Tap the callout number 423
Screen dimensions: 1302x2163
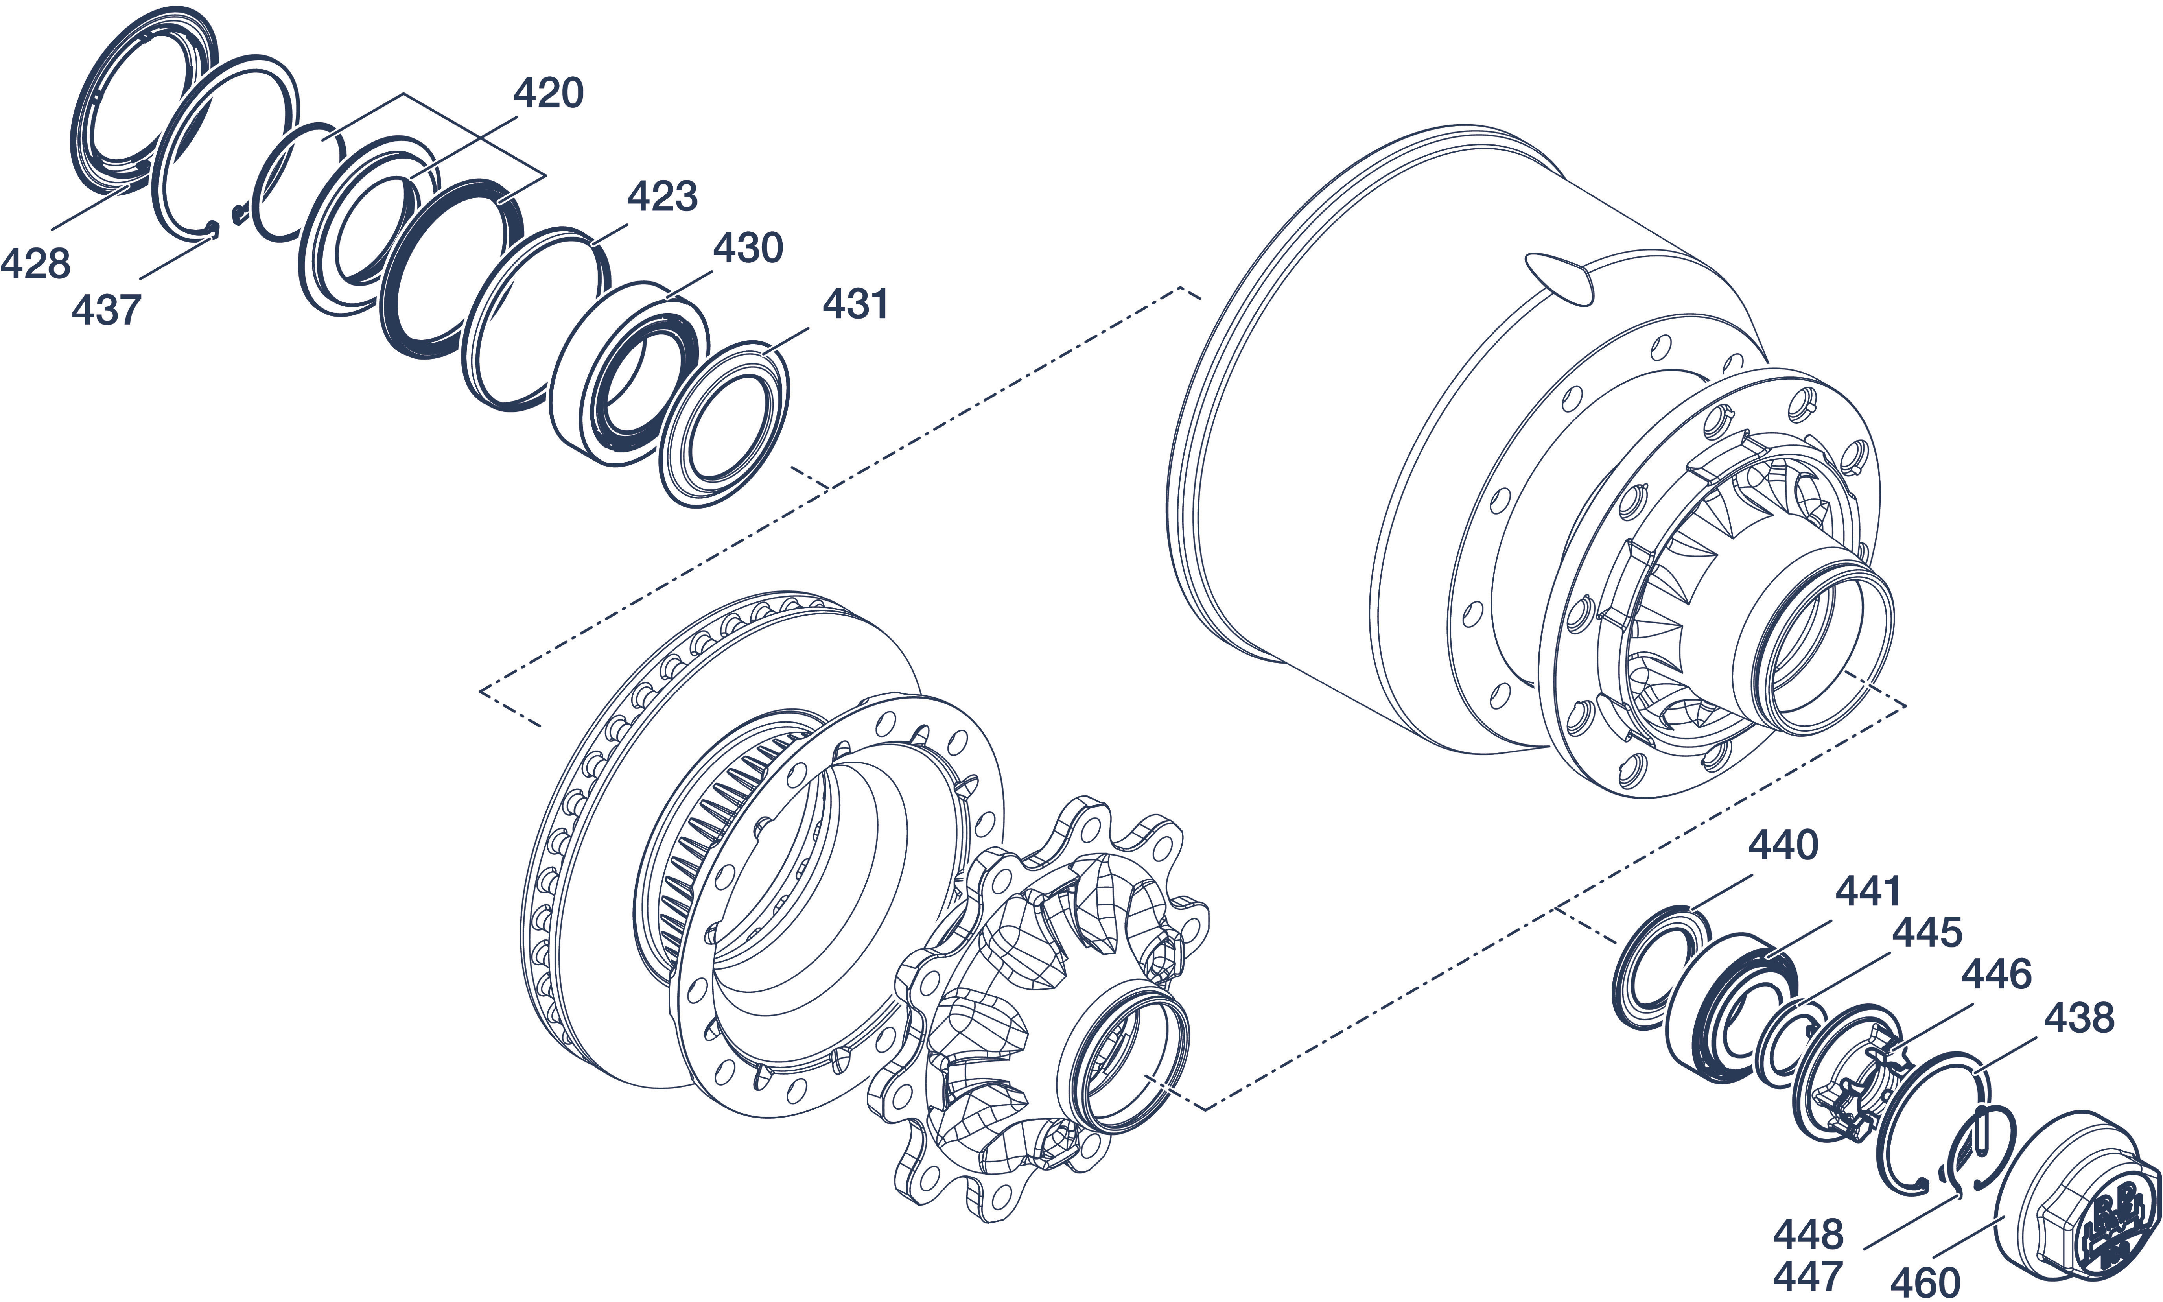662,197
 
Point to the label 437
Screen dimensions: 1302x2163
106,311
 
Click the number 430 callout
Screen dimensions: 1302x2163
747,249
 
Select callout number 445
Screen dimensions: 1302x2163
1926,933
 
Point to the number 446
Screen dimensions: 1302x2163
1996,975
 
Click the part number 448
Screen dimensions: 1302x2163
1808,1235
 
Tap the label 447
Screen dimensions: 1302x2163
1808,1276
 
